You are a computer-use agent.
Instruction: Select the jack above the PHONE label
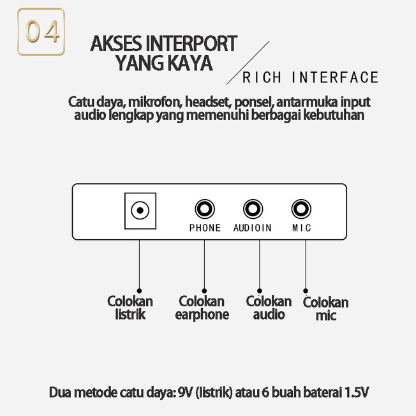[205, 209]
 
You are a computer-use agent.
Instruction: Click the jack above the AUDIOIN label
[253, 209]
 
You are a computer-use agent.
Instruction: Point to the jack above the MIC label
[301, 209]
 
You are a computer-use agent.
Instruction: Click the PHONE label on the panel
[205, 228]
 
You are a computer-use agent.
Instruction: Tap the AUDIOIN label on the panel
[252, 228]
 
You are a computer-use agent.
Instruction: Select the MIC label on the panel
[301, 228]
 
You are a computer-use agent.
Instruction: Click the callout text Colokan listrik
[130, 308]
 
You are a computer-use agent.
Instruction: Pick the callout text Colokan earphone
[202, 308]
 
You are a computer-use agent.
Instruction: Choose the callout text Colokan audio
[269, 308]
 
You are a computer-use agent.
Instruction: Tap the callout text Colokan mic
[325, 309]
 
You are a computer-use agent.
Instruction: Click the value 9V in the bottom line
[184, 391]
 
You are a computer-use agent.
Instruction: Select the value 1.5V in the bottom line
[356, 391]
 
